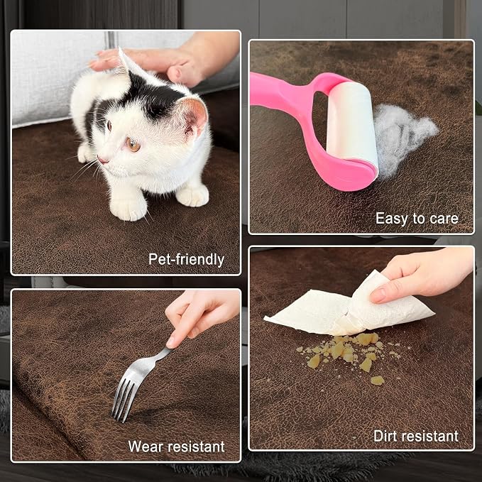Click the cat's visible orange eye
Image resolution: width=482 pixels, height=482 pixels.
click(133, 145)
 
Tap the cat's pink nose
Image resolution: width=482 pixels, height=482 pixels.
click(101, 160)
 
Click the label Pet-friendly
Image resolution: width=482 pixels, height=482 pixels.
click(186, 259)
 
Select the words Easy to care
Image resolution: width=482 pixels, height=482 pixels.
click(417, 218)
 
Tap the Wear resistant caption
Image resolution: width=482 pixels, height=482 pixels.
click(176, 447)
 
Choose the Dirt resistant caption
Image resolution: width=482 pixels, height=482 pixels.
click(416, 436)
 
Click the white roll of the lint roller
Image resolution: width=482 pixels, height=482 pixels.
click(353, 124)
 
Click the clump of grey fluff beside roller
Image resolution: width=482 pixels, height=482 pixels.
click(402, 136)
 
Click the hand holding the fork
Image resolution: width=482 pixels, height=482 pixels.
click(199, 317)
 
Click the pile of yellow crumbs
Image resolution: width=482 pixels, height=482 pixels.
click(347, 354)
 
